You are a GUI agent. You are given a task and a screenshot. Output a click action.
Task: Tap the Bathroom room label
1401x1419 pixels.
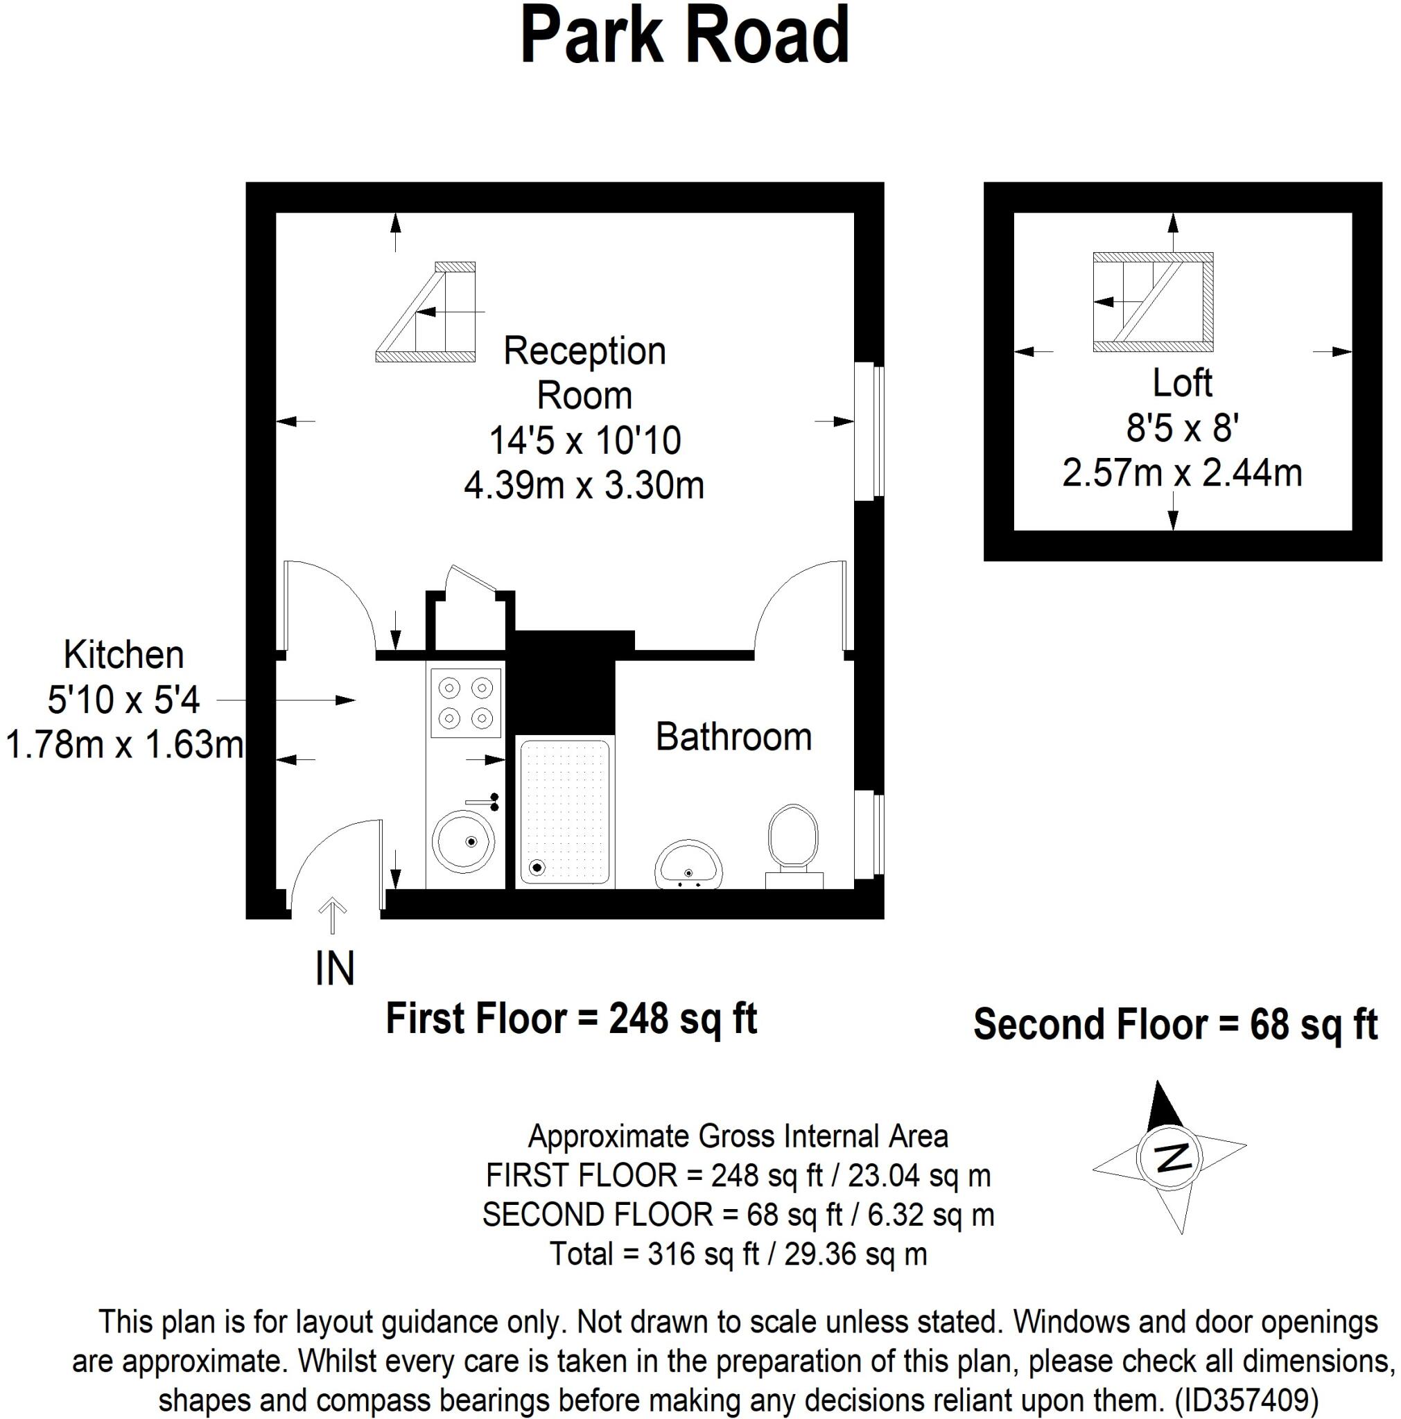pyautogui.click(x=733, y=737)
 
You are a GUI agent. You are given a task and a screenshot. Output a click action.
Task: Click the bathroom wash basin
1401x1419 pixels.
pyautogui.click(x=688, y=866)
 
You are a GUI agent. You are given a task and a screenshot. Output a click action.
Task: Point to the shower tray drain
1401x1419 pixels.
pyautogui.click(x=537, y=867)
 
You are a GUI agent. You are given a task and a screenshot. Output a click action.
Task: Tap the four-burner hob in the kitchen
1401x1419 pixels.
pyautogui.click(x=464, y=702)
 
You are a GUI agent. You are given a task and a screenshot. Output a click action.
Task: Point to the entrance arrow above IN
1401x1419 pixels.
pyautogui.click(x=333, y=915)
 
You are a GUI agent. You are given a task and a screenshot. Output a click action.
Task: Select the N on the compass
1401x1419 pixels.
pyautogui.click(x=1168, y=1158)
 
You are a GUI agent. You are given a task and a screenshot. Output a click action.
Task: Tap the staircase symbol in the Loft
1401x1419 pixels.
pyautogui.click(x=1152, y=301)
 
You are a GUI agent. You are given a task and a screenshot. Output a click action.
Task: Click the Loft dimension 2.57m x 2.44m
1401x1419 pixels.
pyautogui.click(x=1181, y=473)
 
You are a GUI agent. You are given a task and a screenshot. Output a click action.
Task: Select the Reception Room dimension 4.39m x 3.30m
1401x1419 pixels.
pyautogui.click(x=584, y=486)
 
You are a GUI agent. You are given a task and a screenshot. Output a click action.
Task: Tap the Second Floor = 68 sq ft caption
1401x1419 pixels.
pyautogui.click(x=1175, y=1025)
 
